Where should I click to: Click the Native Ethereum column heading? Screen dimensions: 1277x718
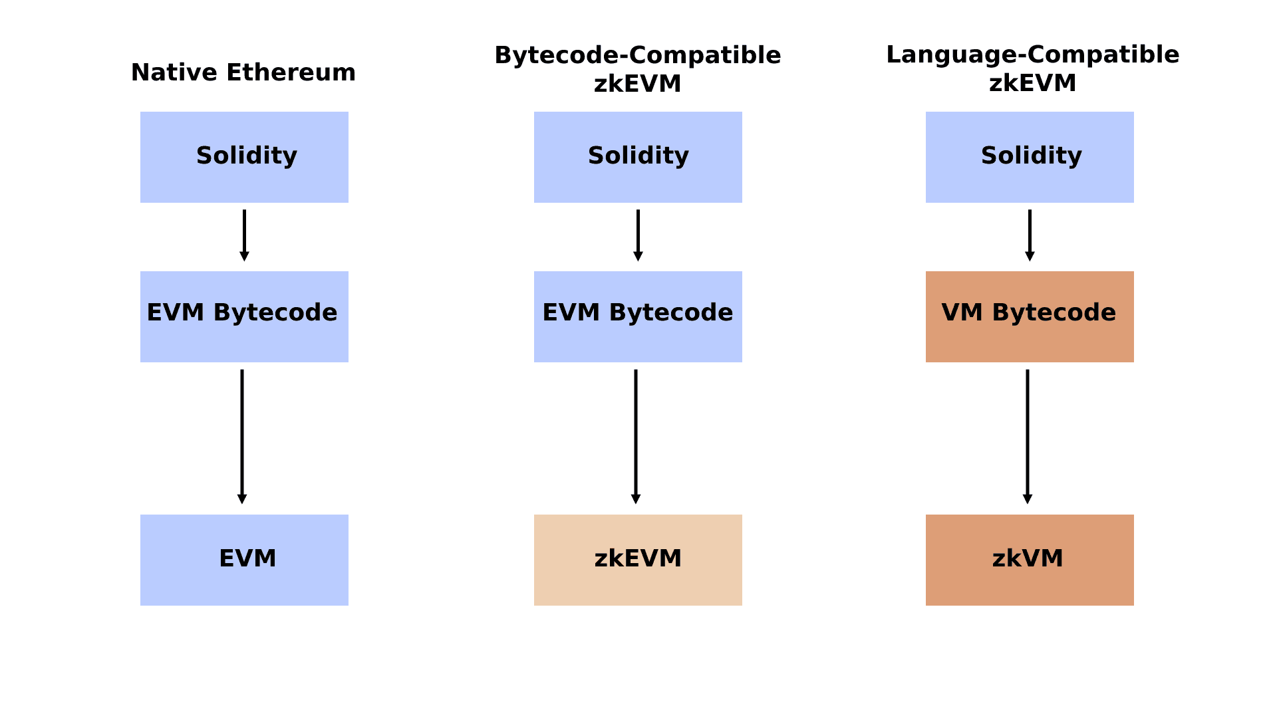click(243, 72)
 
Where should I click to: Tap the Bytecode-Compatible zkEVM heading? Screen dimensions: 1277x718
click(638, 69)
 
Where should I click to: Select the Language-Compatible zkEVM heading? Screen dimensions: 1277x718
click(1033, 68)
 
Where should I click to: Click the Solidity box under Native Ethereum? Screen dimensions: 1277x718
click(244, 157)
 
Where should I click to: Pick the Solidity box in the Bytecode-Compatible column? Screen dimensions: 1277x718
click(638, 157)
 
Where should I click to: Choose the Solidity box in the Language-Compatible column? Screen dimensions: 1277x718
click(1030, 157)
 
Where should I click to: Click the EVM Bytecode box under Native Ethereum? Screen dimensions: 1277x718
click(244, 316)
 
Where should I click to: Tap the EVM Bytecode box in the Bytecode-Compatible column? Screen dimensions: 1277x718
click(638, 316)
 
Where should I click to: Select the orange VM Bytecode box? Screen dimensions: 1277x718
click(1030, 316)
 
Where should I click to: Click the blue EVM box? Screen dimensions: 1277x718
click(244, 560)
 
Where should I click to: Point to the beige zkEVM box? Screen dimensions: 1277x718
click(638, 560)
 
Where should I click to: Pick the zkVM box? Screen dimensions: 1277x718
click(1030, 560)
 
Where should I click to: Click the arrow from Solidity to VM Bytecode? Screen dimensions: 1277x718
click(1030, 235)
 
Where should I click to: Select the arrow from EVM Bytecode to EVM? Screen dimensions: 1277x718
click(242, 437)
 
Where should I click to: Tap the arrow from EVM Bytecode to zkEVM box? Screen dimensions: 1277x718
click(636, 437)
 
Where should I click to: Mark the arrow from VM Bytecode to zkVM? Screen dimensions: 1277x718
click(1028, 437)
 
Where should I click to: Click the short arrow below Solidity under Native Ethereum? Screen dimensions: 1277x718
click(244, 235)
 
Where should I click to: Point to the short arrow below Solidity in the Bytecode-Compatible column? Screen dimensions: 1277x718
click(638, 235)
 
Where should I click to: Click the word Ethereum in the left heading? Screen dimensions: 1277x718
click(291, 72)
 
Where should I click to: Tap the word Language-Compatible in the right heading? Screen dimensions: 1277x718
click(1033, 55)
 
